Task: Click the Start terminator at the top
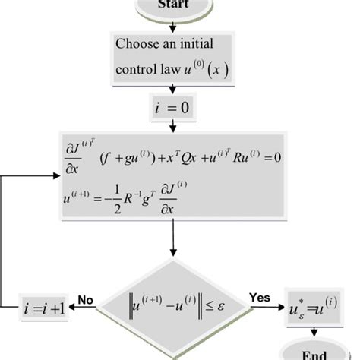click(x=173, y=6)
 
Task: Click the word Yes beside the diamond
click(x=259, y=299)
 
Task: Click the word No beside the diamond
click(x=85, y=300)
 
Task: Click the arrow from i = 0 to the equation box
click(x=174, y=126)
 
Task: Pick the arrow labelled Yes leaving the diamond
click(x=267, y=308)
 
